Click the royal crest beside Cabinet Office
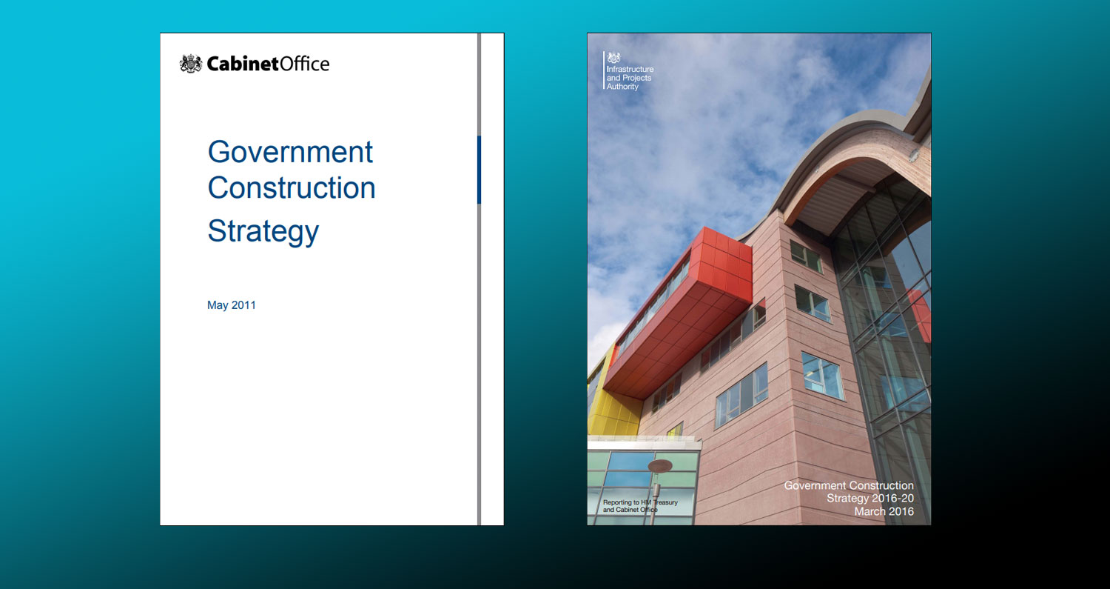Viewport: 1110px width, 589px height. coord(191,64)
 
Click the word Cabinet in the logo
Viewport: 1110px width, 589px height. coord(243,64)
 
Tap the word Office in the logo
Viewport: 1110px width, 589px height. coord(304,64)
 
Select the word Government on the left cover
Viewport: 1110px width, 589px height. coord(290,152)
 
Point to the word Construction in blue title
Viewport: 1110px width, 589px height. coord(292,187)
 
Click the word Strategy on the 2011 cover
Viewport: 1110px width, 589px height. coord(263,231)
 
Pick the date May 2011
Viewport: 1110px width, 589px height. coord(232,305)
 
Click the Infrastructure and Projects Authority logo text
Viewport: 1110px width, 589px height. coord(630,78)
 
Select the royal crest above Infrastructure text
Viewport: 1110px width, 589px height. coord(613,59)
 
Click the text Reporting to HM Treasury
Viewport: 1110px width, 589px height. coord(639,502)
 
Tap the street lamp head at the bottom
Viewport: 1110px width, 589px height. coord(659,466)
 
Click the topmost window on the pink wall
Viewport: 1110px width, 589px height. coord(806,256)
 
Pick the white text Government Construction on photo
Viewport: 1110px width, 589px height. coord(849,486)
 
